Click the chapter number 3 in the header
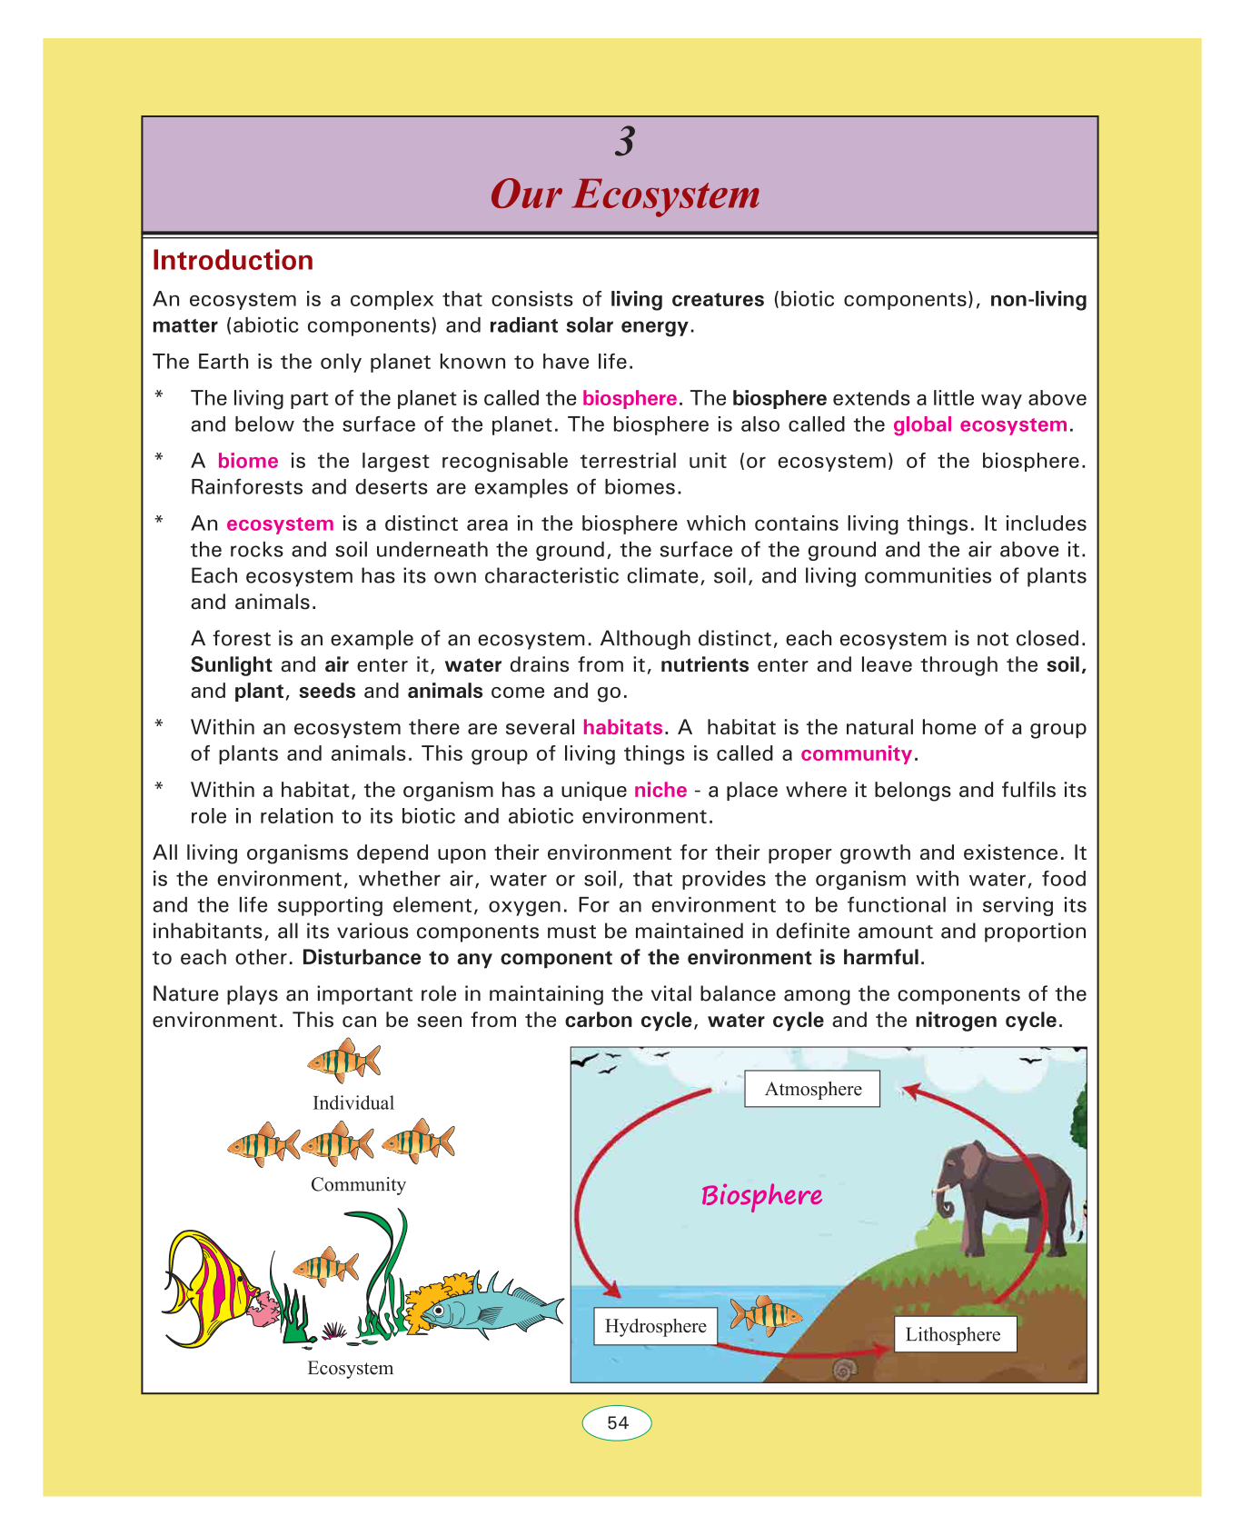(x=624, y=142)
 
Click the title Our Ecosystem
(x=625, y=194)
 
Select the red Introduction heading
(x=233, y=261)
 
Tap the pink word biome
(x=248, y=461)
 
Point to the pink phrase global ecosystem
(x=979, y=424)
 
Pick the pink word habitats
(x=622, y=727)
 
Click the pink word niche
(x=660, y=790)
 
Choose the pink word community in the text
(x=856, y=753)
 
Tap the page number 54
(x=618, y=1423)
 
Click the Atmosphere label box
(x=812, y=1089)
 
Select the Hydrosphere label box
(x=655, y=1326)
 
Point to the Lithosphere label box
(x=953, y=1334)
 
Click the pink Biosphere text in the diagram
(x=761, y=1195)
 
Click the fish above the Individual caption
(x=344, y=1061)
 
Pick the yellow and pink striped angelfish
(x=206, y=1286)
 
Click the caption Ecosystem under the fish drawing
(x=350, y=1368)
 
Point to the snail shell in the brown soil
(x=844, y=1368)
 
